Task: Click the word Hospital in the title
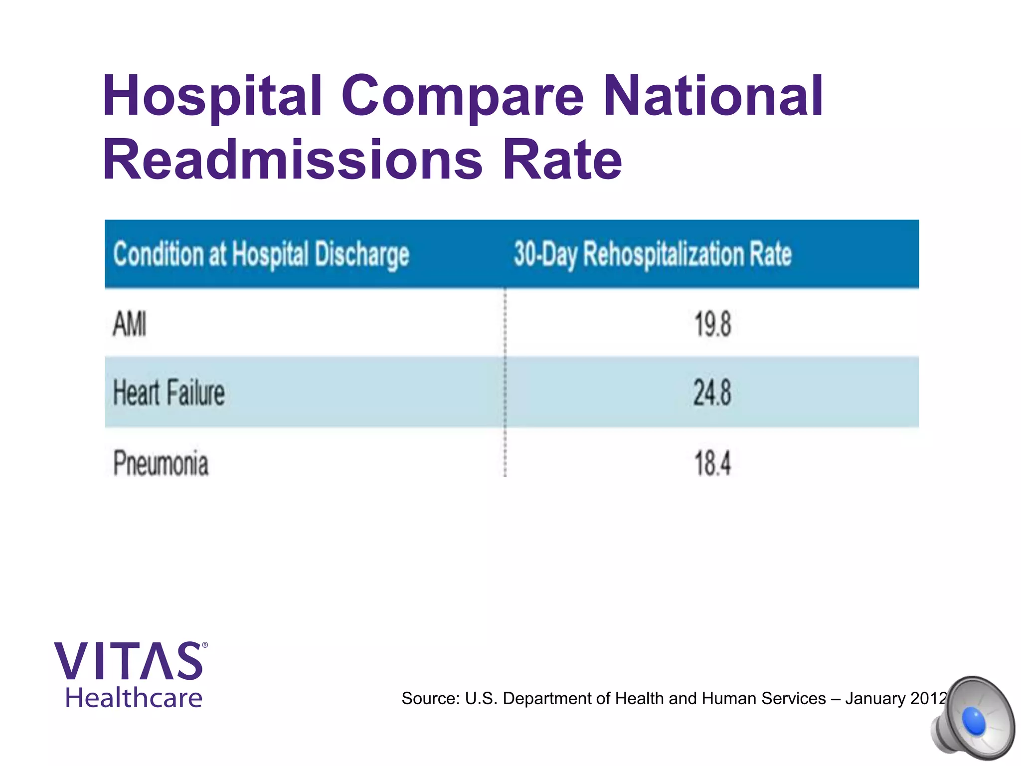tap(212, 96)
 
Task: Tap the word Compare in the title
tap(462, 96)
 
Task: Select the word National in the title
tap(713, 96)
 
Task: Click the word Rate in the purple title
tap(562, 160)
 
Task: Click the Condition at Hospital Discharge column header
tap(261, 254)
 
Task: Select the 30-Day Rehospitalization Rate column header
tap(653, 254)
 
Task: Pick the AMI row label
tap(130, 324)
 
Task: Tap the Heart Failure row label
tap(169, 392)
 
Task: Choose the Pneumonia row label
tap(161, 463)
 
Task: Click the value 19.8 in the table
tap(712, 324)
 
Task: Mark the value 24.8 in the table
tap(712, 392)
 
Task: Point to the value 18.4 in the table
tap(712, 463)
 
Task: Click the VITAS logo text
tap(128, 661)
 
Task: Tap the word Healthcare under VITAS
tap(134, 698)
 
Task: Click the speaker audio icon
tap(972, 718)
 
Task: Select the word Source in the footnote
tap(430, 699)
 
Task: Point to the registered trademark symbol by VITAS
tap(205, 645)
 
